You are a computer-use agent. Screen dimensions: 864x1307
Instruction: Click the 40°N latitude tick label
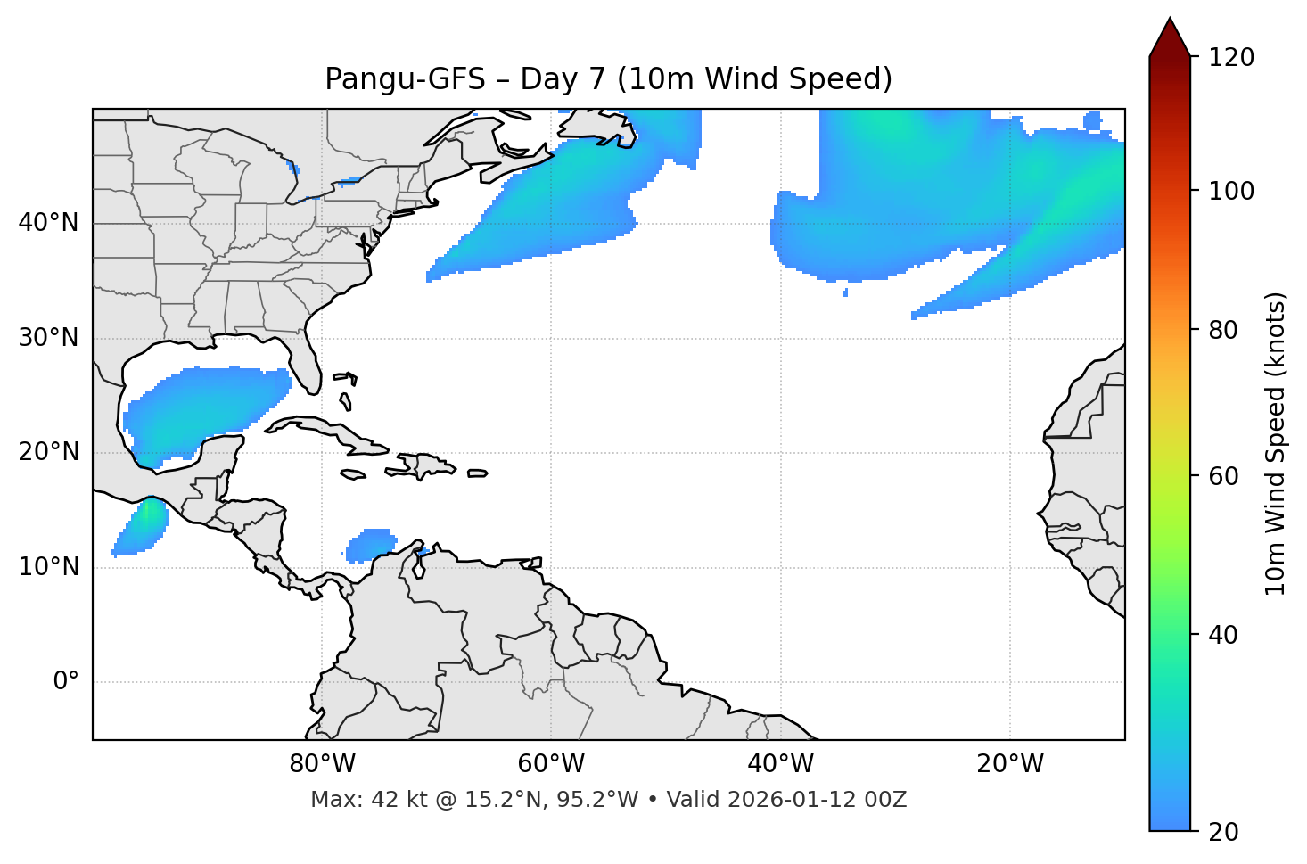[48, 223]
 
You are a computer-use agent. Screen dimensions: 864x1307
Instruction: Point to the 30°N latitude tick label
[48, 338]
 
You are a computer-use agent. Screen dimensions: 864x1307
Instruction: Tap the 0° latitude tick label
[66, 682]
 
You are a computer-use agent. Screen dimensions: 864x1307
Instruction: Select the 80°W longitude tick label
[322, 764]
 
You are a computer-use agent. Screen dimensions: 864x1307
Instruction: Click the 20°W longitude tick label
[1010, 764]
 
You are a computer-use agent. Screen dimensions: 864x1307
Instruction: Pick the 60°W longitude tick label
[551, 764]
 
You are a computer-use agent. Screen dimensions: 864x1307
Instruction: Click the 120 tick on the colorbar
[1229, 58]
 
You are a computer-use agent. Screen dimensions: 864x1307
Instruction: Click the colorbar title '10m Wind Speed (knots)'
[1276, 444]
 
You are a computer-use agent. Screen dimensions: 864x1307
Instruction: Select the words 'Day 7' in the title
[563, 79]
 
